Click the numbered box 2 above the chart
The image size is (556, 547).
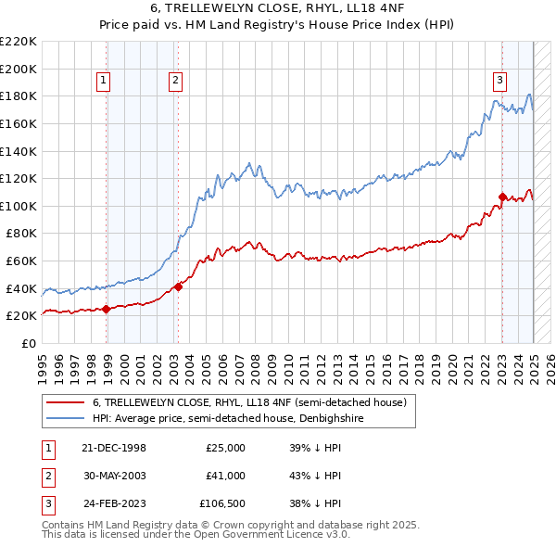175,81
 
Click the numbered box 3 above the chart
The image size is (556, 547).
499,80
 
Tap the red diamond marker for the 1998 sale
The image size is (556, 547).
107,309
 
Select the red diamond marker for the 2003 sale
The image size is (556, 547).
178,286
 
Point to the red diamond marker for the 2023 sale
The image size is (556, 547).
502,197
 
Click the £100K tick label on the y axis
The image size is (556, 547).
19,206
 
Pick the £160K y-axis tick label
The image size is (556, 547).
19,123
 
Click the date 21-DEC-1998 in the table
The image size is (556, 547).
115,447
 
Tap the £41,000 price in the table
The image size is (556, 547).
225,476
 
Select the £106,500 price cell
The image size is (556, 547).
221,504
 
